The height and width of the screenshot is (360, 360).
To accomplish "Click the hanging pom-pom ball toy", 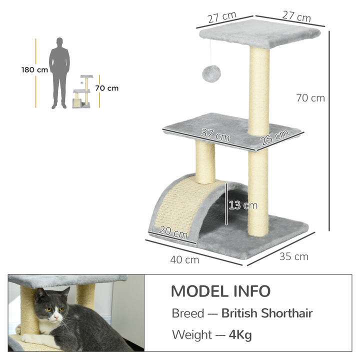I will click(209, 74).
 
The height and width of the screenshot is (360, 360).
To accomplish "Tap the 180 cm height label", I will click(34, 69).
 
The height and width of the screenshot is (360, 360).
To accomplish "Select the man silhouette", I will click(60, 72).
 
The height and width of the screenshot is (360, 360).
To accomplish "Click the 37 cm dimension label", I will click(215, 135).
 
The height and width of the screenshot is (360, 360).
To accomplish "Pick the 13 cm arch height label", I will click(243, 205).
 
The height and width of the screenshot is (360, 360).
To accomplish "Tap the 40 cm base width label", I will click(185, 259).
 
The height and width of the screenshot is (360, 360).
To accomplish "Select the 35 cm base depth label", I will click(294, 257).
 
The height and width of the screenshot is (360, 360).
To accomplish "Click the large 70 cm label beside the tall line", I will click(310, 98).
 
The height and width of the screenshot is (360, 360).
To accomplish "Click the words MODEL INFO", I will click(220, 291).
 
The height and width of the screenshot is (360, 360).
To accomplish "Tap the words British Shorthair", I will click(267, 313).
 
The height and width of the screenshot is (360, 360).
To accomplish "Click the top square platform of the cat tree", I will click(259, 35).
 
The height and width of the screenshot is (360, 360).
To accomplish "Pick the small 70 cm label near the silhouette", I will click(106, 88).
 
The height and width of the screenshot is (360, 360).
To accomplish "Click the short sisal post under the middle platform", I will click(205, 162).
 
